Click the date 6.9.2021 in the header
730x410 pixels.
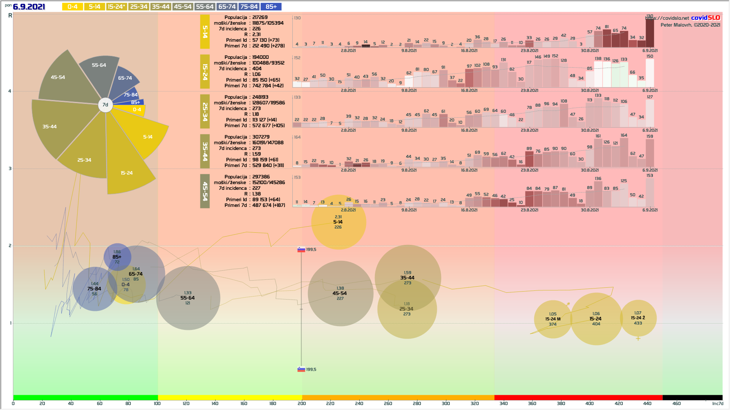tap(29, 7)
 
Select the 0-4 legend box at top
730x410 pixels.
tap(72, 7)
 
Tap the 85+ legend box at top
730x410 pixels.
tap(271, 7)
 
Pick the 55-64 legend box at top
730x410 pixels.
tap(205, 7)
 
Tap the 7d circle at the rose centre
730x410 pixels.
tap(105, 105)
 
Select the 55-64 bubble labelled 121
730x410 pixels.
tap(188, 298)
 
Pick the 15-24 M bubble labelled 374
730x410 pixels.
tap(553, 319)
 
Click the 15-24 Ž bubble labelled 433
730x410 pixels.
tap(638, 318)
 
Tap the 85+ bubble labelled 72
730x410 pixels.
tap(117, 257)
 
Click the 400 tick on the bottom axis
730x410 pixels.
tap(589, 404)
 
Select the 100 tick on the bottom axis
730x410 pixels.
tap(157, 404)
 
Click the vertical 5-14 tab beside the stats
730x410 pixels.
tap(205, 32)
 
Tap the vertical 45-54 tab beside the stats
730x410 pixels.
tap(205, 191)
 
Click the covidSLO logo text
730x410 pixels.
tap(705, 18)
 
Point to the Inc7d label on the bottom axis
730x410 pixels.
tap(717, 404)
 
